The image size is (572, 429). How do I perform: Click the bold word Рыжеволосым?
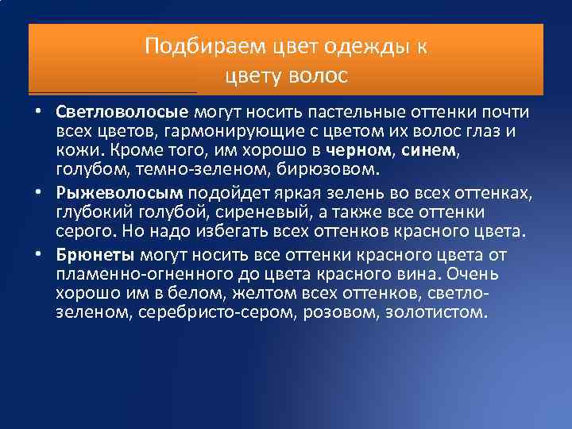click(x=119, y=193)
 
